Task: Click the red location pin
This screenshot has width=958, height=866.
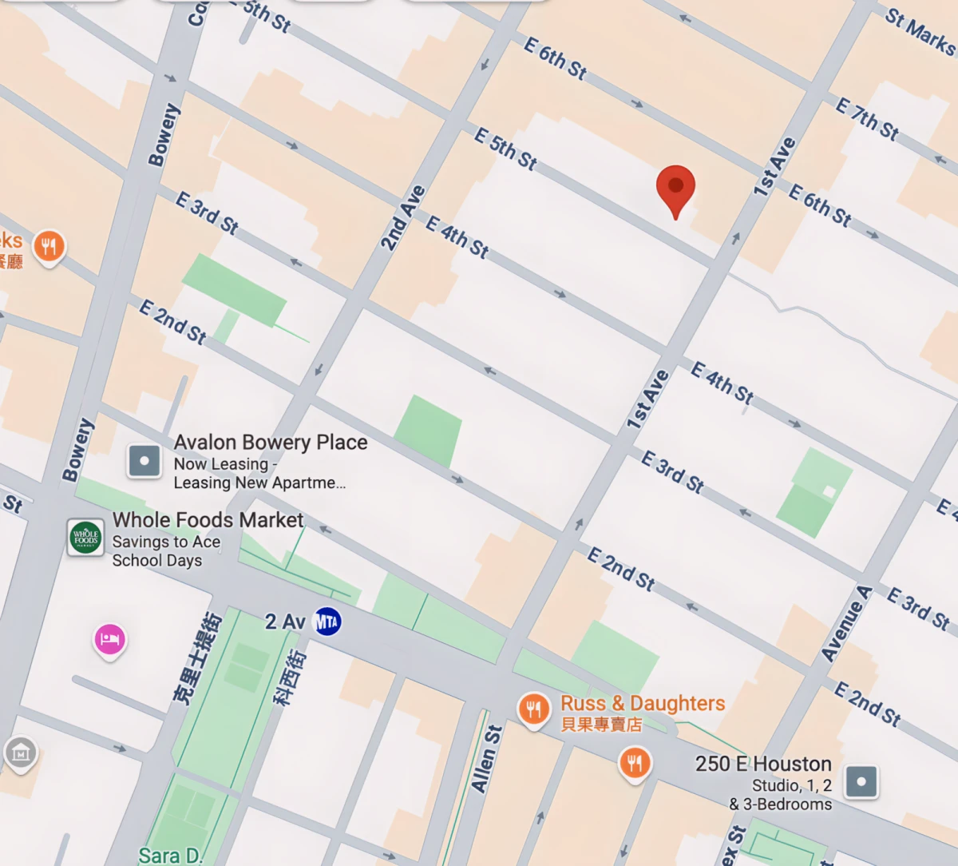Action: coord(675,189)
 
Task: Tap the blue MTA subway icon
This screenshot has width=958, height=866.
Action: coord(327,622)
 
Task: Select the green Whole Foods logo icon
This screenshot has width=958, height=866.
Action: coord(85,538)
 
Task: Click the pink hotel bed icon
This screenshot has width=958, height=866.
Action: coord(110,639)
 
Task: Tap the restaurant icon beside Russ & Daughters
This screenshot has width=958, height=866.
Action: coord(533,708)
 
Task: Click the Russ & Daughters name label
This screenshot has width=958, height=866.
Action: coord(643,703)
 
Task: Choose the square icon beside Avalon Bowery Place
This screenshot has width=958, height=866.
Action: coord(144,461)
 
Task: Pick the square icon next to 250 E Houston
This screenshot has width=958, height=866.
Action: coord(861,781)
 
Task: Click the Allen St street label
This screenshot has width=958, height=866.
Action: coord(485,759)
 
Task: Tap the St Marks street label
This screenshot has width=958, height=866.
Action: coord(920,32)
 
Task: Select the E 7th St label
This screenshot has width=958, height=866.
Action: coord(867,118)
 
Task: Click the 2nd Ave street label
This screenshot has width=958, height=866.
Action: coord(402,218)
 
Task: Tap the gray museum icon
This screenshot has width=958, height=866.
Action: coord(21,753)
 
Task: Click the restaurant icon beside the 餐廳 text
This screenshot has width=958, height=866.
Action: coord(49,246)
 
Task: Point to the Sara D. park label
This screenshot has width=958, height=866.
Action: coord(170,856)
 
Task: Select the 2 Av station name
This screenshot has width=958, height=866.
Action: coord(285,622)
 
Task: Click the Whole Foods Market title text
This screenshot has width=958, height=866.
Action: coord(208,520)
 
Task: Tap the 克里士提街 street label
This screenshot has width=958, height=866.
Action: coord(197,658)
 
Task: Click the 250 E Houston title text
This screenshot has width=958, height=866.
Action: coord(763,764)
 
